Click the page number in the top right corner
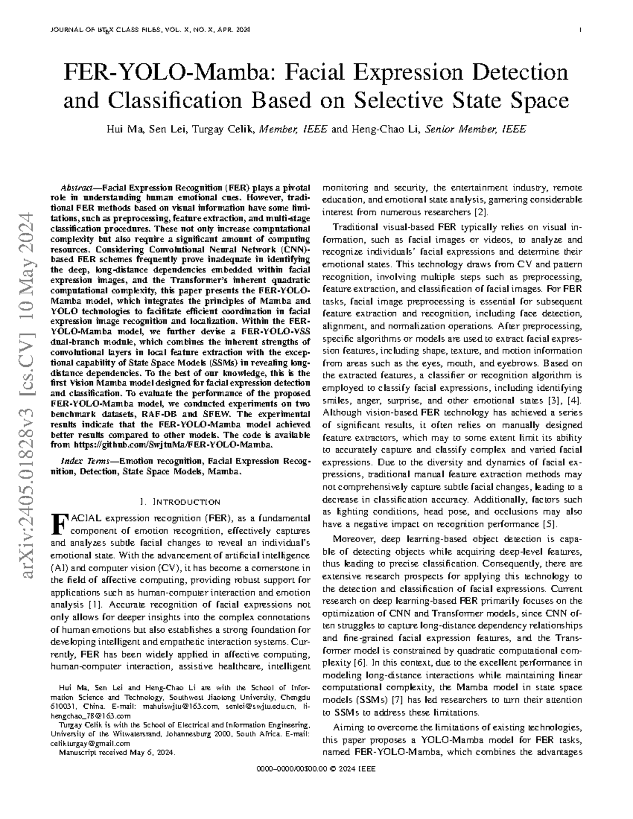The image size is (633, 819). (580, 30)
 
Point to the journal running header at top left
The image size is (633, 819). (150, 30)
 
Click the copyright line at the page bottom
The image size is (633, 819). (315, 769)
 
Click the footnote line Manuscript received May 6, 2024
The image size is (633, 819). (118, 753)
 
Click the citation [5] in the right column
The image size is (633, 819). (549, 524)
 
